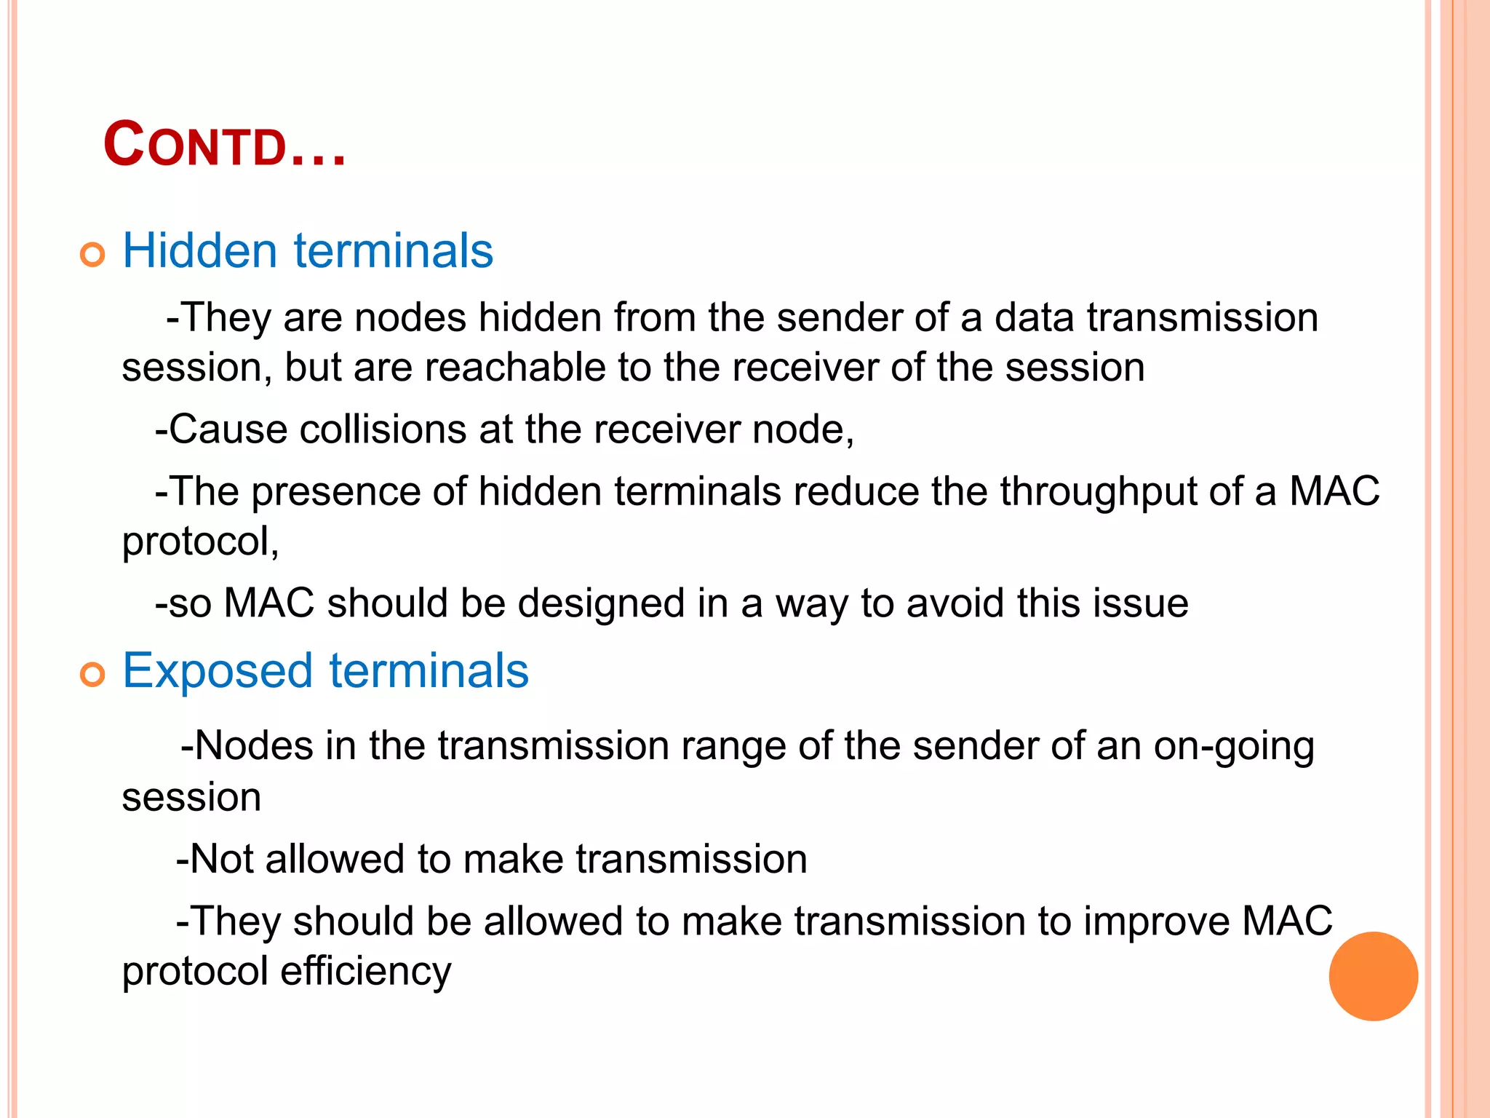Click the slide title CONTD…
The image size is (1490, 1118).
pos(224,145)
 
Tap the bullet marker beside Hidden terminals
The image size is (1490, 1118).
pos(92,255)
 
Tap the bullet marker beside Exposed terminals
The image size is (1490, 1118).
pos(92,675)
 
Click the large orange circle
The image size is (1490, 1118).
pos(1373,976)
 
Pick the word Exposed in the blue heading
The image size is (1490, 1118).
pos(218,671)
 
